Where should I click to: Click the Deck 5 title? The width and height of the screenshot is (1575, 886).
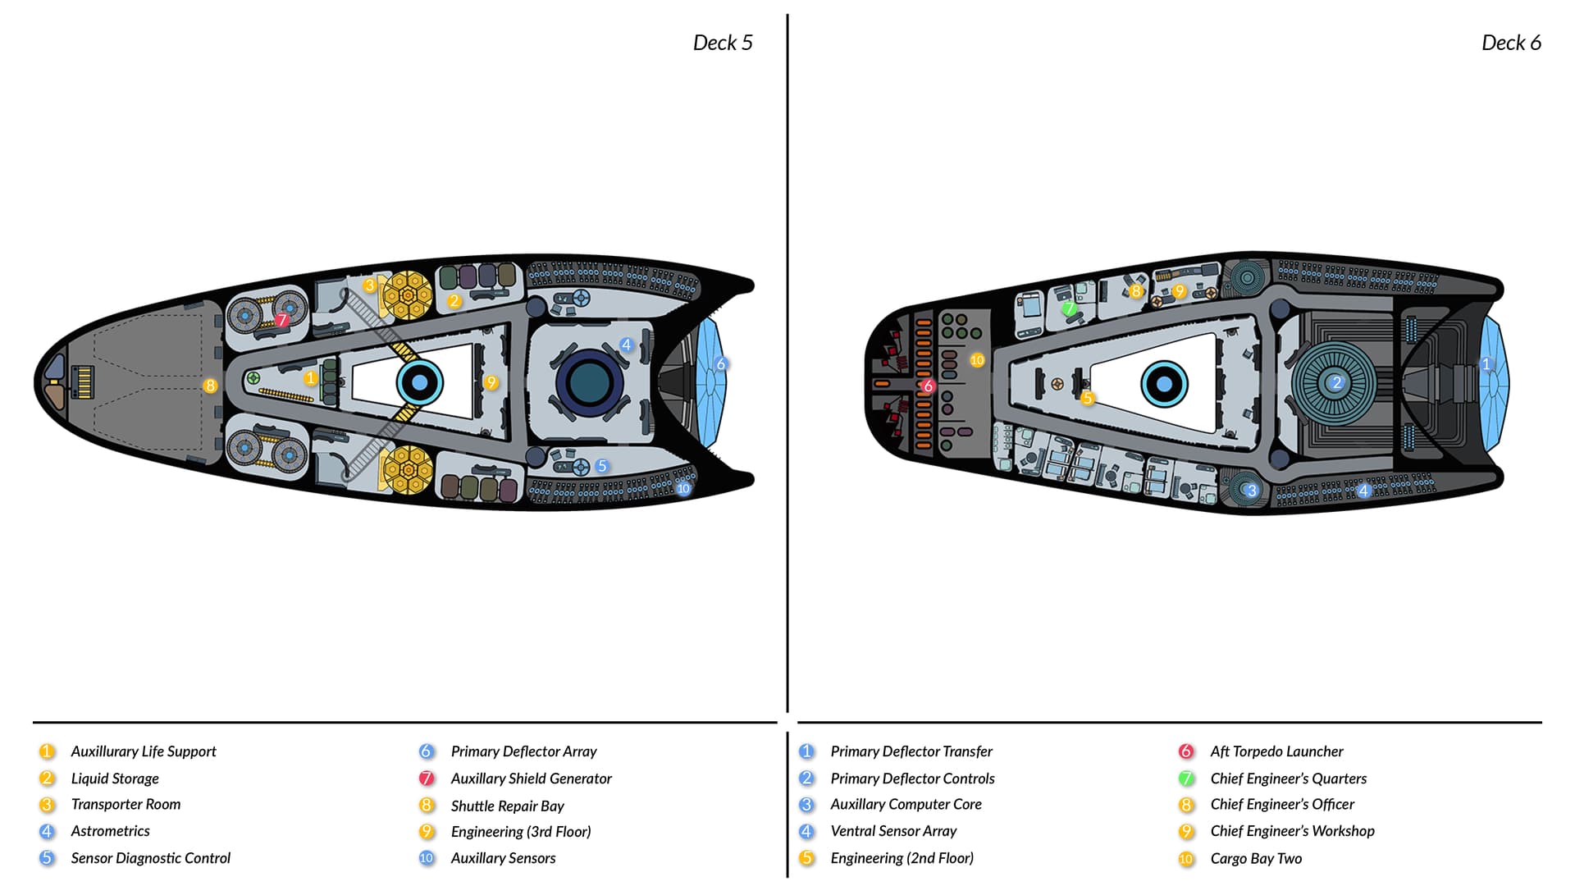tap(722, 43)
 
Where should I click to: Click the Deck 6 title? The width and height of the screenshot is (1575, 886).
tap(1510, 43)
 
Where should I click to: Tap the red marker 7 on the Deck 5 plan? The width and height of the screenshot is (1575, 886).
tap(282, 320)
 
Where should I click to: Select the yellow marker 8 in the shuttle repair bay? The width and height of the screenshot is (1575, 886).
tap(211, 386)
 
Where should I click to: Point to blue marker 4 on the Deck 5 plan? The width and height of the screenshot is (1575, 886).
tap(627, 345)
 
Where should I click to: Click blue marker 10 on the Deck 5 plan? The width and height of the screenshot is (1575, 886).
tap(683, 488)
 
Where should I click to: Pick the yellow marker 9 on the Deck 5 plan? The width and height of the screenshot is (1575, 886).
tap(491, 382)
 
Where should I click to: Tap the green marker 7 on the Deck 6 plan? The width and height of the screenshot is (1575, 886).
tap(1069, 309)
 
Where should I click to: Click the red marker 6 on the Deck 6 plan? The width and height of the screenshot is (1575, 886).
tap(928, 386)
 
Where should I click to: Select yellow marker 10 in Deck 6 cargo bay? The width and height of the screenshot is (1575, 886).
tap(977, 360)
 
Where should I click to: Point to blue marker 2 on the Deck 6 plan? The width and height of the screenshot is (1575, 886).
tap(1336, 382)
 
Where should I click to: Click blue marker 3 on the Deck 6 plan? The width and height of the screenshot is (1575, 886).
tap(1251, 491)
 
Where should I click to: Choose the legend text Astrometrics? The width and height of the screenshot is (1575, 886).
tap(110, 831)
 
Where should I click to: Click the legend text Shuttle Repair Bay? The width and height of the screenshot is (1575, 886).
tap(507, 806)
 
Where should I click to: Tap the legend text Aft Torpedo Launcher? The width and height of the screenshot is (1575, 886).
tap(1276, 751)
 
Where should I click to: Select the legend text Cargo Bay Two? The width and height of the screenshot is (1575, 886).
tap(1256, 858)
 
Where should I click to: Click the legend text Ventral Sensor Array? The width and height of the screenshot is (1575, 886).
tap(893, 831)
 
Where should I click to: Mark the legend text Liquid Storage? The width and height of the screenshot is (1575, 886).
tap(115, 779)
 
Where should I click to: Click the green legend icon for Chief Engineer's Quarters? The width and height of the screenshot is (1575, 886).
tap(1186, 778)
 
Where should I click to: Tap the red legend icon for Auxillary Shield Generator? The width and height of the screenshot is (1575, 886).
tap(427, 778)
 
